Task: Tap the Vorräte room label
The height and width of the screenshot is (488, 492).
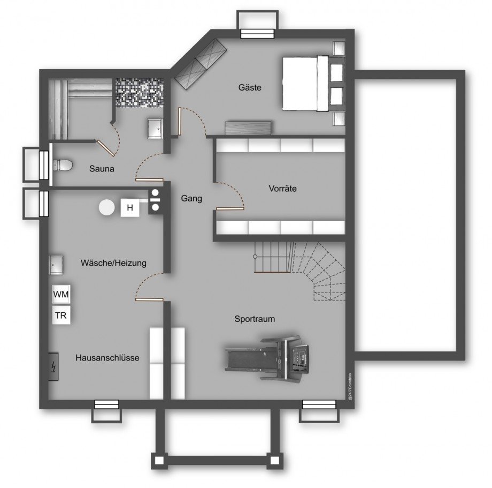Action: pyautogui.click(x=282, y=189)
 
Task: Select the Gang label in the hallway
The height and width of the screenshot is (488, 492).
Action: pyautogui.click(x=191, y=198)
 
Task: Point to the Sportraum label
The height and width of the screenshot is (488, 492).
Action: pyautogui.click(x=255, y=319)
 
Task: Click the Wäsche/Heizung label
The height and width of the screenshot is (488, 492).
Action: pyautogui.click(x=113, y=263)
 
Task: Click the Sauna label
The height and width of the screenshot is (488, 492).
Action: pyautogui.click(x=102, y=168)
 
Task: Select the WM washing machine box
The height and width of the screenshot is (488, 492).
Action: pyautogui.click(x=61, y=295)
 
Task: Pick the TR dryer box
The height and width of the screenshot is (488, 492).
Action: pyautogui.click(x=61, y=316)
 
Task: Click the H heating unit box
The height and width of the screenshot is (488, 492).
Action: pyautogui.click(x=129, y=207)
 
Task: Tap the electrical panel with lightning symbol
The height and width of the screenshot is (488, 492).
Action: pyautogui.click(x=53, y=367)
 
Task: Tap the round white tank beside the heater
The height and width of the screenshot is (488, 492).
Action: pyautogui.click(x=107, y=207)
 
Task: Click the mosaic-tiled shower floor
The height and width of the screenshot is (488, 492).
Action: pyautogui.click(x=137, y=93)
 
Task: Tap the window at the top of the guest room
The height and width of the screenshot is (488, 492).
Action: pyautogui.click(x=257, y=34)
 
